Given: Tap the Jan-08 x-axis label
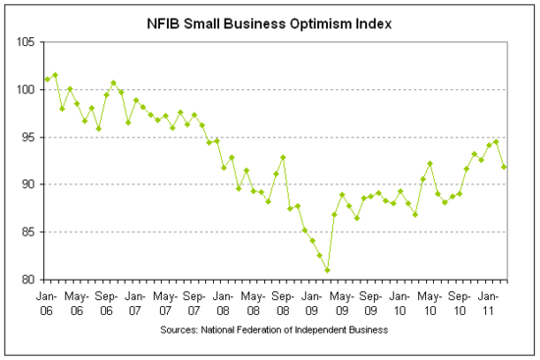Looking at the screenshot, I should click(223, 299).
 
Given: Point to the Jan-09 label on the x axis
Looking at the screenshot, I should click(311, 299).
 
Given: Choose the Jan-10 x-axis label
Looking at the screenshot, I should click(400, 299).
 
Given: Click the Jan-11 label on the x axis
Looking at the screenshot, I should click(488, 299).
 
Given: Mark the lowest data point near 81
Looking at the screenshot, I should click(327, 270).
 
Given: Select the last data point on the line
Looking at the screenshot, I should click(504, 167).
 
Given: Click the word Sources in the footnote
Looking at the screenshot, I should click(179, 331).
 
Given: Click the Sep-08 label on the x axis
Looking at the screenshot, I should click(282, 299).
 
